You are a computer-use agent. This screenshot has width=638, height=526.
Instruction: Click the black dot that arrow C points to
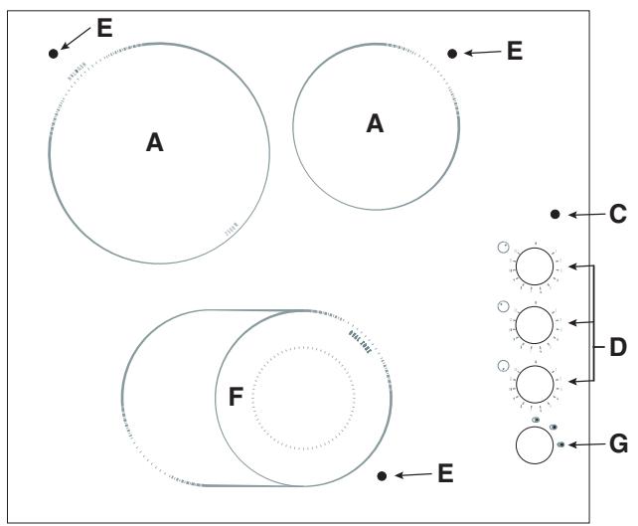click(x=555, y=214)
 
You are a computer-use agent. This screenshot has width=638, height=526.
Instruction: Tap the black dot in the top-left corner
click(x=53, y=53)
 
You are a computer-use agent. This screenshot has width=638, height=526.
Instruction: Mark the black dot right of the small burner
click(x=453, y=53)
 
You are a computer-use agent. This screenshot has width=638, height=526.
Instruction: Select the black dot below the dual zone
click(x=383, y=475)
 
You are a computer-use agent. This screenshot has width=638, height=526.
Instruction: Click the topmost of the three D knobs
click(x=535, y=266)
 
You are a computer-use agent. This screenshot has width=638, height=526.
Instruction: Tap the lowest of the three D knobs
click(x=535, y=383)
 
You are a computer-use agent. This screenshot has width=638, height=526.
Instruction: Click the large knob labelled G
click(x=535, y=444)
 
